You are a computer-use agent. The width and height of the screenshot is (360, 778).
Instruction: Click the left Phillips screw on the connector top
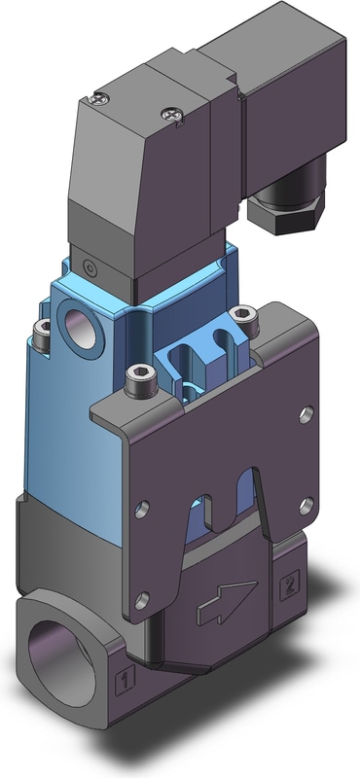[x=100, y=99]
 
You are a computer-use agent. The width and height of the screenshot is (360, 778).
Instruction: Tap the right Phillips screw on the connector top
[x=172, y=115]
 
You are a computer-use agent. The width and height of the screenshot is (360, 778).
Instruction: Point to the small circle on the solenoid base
[x=90, y=268]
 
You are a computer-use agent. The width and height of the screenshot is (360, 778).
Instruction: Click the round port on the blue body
[x=80, y=328]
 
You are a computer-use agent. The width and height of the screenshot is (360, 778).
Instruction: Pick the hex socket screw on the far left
[x=42, y=335]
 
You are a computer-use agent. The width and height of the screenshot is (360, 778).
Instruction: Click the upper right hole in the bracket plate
[x=306, y=414]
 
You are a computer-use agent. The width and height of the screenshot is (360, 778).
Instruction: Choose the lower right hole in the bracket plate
[x=306, y=506]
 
